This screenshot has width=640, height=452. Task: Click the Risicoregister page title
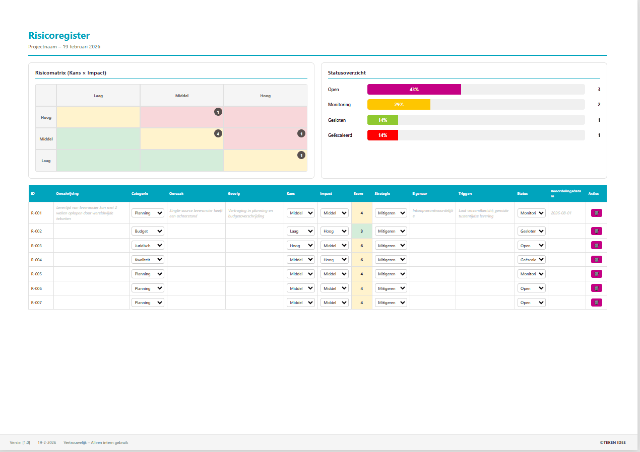coord(59,36)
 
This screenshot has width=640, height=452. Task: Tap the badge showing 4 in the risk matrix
coord(218,134)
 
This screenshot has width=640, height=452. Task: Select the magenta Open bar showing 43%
coord(414,90)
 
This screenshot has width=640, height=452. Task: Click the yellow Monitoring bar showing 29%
coord(399,105)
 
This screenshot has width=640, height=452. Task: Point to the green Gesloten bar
coord(382,120)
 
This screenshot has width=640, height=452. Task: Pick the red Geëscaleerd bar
coord(382,135)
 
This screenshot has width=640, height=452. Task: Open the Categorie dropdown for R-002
coord(148,231)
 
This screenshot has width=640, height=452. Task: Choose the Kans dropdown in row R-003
coord(301,246)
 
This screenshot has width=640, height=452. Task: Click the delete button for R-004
coord(596,260)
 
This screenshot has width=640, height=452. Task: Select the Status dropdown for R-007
coord(531,303)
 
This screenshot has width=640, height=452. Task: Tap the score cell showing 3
coord(361,231)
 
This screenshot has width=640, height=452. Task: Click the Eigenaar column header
coord(419,193)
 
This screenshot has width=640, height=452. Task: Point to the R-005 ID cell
coord(36,274)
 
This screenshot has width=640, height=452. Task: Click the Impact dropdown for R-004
coord(334,260)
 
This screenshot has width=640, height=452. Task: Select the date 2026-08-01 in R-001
coord(560,213)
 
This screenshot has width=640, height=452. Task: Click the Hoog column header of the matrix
coord(265,96)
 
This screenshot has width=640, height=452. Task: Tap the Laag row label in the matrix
coord(46,161)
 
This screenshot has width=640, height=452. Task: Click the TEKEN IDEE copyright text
coord(613,442)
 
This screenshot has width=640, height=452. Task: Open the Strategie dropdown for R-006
coord(391,288)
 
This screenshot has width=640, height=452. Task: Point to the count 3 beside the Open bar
coord(599,90)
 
